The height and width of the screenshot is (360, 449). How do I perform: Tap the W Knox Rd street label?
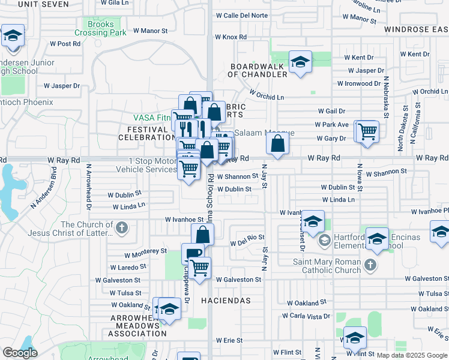[x=231, y=37]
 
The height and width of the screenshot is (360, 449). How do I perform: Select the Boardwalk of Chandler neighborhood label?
[x=258, y=70]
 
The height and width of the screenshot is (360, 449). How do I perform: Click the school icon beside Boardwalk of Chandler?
[x=300, y=62]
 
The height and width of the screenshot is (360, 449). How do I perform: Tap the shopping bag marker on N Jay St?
[x=277, y=144]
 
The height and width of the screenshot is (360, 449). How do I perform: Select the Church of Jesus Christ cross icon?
[x=122, y=227]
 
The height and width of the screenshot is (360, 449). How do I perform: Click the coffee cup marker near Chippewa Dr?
[x=193, y=254]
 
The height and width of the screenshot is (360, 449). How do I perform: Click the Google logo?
[x=20, y=353]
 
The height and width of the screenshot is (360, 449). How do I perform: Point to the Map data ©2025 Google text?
[x=411, y=355]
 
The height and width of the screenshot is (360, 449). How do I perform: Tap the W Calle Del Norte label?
[x=241, y=16]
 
